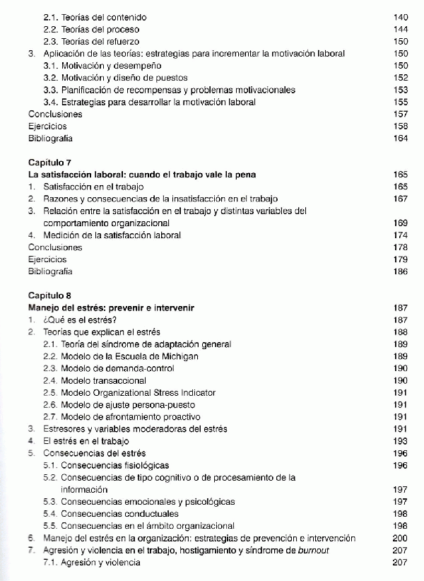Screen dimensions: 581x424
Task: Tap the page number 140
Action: pyautogui.click(x=400, y=16)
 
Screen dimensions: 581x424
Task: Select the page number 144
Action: pyautogui.click(x=400, y=29)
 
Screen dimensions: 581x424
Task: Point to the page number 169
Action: pyautogui.click(x=400, y=223)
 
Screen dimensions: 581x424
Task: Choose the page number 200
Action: pyautogui.click(x=400, y=539)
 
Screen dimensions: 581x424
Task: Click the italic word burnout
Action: pyautogui.click(x=313, y=551)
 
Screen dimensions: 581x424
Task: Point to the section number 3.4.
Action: pyautogui.click(x=50, y=102)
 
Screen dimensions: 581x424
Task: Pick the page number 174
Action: pyautogui.click(x=400, y=235)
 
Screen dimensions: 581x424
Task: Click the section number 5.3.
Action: pyautogui.click(x=50, y=502)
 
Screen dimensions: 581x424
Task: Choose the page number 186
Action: pyautogui.click(x=400, y=271)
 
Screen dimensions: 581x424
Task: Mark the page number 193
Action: pyautogui.click(x=400, y=441)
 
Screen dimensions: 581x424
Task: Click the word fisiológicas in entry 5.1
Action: pyautogui.click(x=144, y=466)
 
